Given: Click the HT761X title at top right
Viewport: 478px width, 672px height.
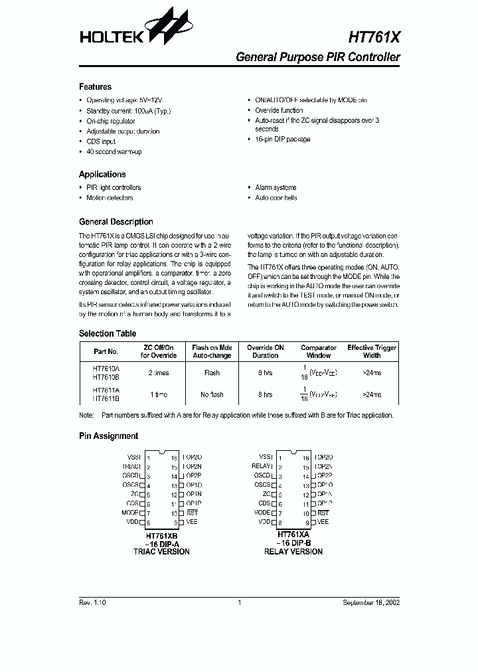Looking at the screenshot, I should tap(374, 36).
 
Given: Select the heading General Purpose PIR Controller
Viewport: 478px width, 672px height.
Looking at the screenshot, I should tap(318, 57).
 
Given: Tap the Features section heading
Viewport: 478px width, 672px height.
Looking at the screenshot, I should tap(95, 87).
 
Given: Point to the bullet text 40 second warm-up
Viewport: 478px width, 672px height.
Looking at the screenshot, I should tap(114, 152).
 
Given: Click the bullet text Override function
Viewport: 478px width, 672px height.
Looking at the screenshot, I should tap(279, 110).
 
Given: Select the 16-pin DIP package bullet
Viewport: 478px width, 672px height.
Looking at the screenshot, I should tap(282, 139).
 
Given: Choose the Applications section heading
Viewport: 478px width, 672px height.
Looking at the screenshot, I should tap(102, 175).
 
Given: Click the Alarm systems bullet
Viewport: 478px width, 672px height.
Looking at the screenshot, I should tap(276, 188).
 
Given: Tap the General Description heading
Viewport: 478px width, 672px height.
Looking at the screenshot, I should tap(116, 222).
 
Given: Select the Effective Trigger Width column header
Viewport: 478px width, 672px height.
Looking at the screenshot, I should tap(372, 351).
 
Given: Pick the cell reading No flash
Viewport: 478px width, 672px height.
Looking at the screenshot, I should tap(212, 394).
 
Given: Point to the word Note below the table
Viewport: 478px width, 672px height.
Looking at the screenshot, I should tap(86, 415).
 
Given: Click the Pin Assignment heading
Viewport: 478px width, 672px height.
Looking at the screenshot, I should tap(108, 436).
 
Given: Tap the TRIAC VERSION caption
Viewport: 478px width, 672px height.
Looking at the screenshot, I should tap(161, 552).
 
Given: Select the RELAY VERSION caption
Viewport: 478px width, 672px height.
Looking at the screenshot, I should tap(293, 552).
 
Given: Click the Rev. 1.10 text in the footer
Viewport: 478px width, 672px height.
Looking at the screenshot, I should tap(92, 602).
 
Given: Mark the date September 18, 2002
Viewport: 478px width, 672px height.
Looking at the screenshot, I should tap(370, 602).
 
